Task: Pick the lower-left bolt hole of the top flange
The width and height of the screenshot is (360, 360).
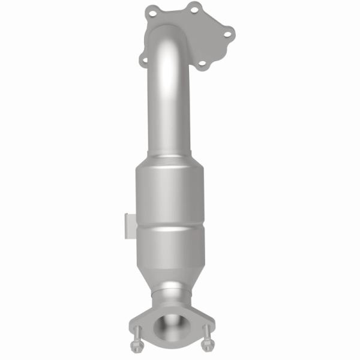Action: (x=144, y=59)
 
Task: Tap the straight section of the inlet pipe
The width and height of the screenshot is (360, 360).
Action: (x=165, y=114)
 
